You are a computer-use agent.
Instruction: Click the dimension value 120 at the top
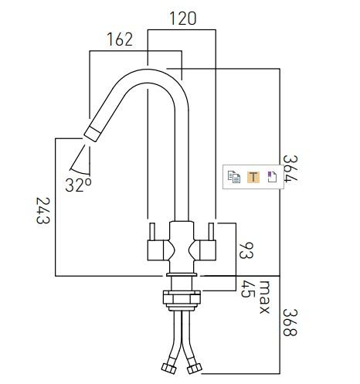click(x=182, y=17)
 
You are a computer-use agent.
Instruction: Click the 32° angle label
click(x=79, y=184)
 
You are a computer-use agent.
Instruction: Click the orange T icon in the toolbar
click(x=253, y=176)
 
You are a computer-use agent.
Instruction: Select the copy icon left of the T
click(x=234, y=176)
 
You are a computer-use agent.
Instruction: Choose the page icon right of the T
click(x=271, y=176)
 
